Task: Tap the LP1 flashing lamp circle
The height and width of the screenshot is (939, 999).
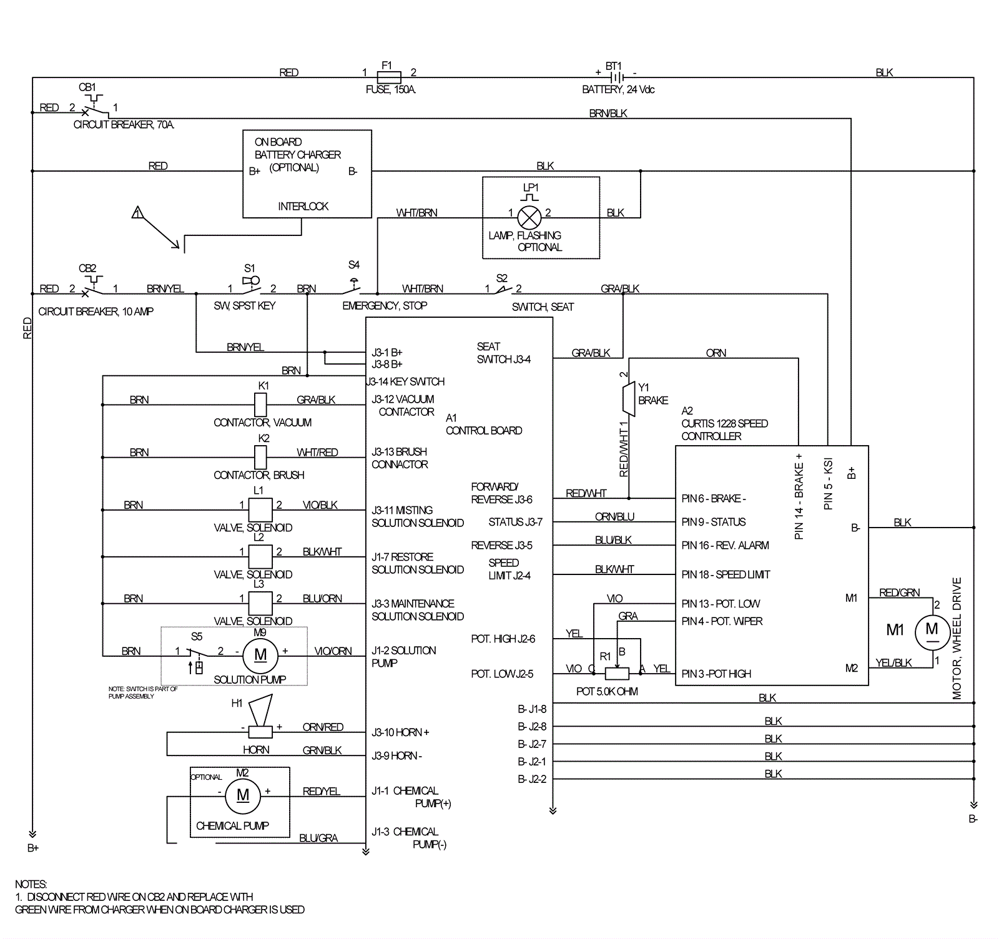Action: [x=529, y=218]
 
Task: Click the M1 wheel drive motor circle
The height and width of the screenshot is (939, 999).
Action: [x=932, y=631]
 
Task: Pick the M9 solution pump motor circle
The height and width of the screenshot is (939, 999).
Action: [x=260, y=654]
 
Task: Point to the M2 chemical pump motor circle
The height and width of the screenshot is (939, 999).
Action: [x=243, y=795]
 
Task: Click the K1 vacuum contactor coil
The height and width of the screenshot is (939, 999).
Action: [x=261, y=405]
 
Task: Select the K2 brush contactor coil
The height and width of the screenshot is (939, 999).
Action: [x=261, y=458]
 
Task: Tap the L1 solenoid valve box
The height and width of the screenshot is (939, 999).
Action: [x=260, y=509]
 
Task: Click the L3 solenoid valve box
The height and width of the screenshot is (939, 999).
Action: [x=260, y=603]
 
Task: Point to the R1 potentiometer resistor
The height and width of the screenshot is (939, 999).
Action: [x=617, y=674]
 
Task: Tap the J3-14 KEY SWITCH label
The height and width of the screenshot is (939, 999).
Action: [x=406, y=381]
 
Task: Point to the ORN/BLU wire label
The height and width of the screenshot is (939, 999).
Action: [x=614, y=516]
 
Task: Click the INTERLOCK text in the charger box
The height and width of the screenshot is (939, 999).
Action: [x=303, y=206]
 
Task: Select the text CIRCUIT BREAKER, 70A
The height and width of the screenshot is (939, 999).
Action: [x=124, y=124]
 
